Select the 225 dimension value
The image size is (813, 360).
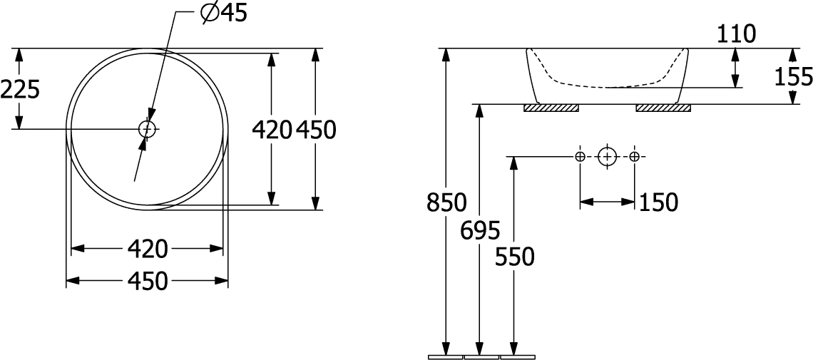pyautogui.click(x=20, y=90)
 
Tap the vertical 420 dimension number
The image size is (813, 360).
pyautogui.click(x=272, y=130)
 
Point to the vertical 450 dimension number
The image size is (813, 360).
pyautogui.click(x=316, y=130)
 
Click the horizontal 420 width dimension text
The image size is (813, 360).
pyautogui.click(x=148, y=249)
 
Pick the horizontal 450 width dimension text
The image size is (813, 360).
pyautogui.click(x=148, y=281)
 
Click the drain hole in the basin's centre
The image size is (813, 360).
pyautogui.click(x=147, y=128)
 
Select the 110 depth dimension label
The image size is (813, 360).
pyautogui.click(x=736, y=35)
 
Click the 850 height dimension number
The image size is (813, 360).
pyautogui.click(x=446, y=202)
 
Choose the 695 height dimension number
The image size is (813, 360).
pyautogui.click(x=481, y=230)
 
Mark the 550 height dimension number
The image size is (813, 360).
pyautogui.click(x=514, y=257)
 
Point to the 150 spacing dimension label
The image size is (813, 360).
pyautogui.click(x=658, y=202)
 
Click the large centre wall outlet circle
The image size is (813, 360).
pyautogui.click(x=607, y=156)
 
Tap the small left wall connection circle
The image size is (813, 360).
pyautogui.click(x=581, y=156)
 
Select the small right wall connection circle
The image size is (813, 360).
pyautogui.click(x=634, y=156)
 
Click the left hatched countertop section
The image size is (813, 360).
pyautogui.click(x=551, y=108)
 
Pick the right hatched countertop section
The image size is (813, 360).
pyautogui.click(x=663, y=108)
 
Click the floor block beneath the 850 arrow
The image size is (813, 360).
pyautogui.click(x=446, y=357)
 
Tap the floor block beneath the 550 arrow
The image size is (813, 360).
pyautogui.click(x=517, y=357)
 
